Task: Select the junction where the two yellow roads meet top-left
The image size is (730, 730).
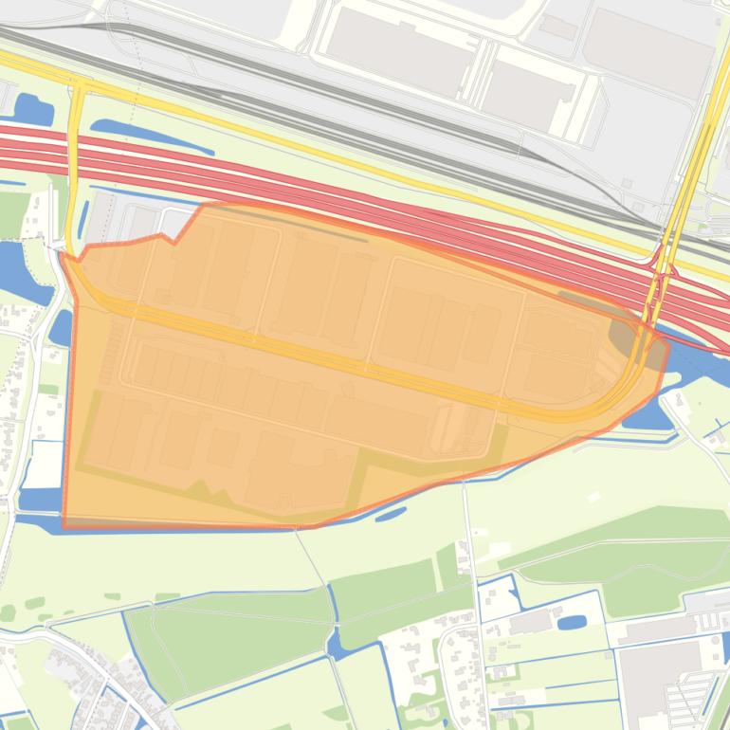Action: coord(78,86)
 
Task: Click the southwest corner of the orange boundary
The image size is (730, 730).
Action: coord(64,524)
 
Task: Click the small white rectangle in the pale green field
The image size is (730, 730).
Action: coord(593,497)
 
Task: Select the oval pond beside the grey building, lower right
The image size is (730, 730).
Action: coord(572,623)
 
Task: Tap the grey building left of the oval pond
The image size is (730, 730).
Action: coord(531,621)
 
